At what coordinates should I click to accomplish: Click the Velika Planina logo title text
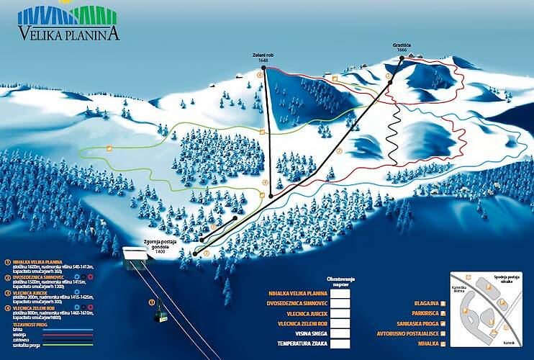coord(69,32)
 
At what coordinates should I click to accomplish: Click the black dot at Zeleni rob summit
coord(264,68)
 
